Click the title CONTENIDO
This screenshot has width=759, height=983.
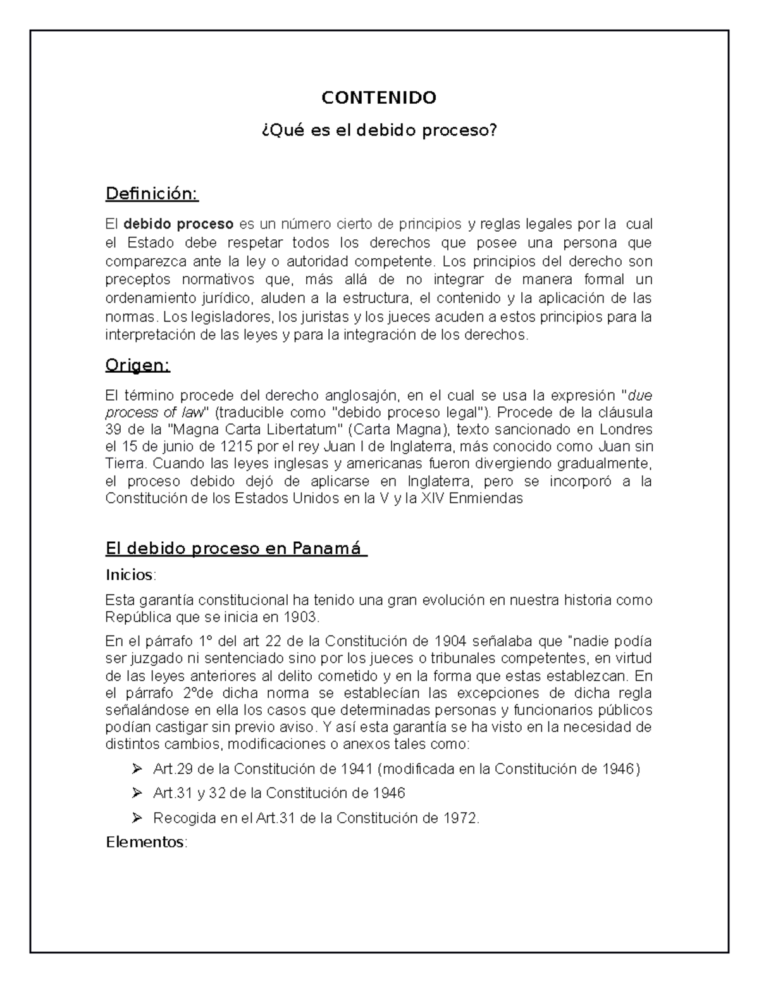coord(379,98)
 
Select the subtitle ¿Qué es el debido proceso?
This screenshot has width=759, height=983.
coord(379,131)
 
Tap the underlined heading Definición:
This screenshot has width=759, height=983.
coord(152,194)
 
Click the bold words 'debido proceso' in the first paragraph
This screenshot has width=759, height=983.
coord(179,225)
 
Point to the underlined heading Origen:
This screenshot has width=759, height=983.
coord(137,366)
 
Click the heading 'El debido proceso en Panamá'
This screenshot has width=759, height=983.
coord(236,548)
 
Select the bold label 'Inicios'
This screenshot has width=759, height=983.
coord(129,575)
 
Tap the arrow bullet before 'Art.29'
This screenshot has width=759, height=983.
coord(136,769)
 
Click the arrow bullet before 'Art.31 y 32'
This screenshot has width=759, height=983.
coord(136,793)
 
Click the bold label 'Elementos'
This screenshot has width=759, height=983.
coord(145,842)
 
